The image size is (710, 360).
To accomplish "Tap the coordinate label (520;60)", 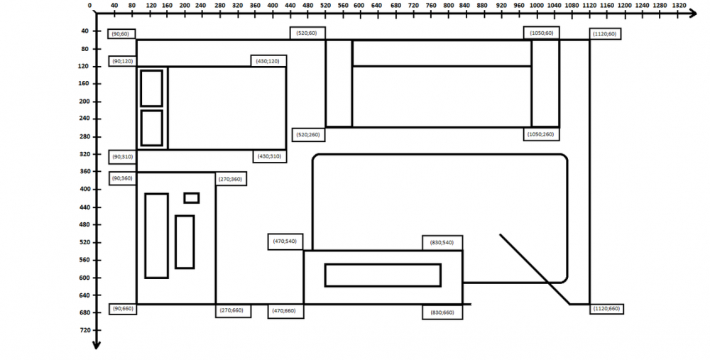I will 307,33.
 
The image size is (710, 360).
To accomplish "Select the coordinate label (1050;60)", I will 541,33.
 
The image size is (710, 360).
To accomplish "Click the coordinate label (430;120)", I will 268,61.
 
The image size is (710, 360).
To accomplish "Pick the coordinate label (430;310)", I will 269,156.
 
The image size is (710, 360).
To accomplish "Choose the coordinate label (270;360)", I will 231,179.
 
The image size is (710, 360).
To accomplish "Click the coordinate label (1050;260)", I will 542,133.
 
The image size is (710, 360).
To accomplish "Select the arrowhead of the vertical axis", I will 97,347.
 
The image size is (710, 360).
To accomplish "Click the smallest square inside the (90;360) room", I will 191,198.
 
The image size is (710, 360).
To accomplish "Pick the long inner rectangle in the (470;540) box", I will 383,275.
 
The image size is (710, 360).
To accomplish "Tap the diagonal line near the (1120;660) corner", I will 534,268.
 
